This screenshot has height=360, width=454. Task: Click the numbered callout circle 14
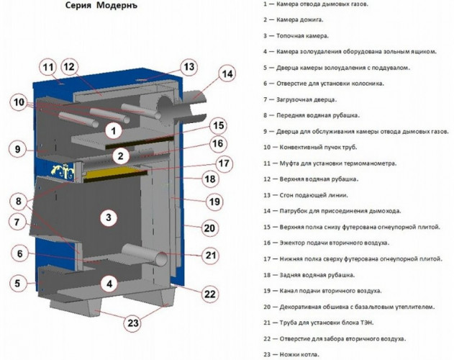pos(227,74)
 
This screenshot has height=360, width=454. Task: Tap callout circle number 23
pos(133,323)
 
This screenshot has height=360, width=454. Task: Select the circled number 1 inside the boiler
pos(114,131)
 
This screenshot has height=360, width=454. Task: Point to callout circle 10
pos(19,102)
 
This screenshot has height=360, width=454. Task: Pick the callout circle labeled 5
pos(18,283)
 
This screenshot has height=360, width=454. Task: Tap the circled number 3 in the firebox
pos(109,217)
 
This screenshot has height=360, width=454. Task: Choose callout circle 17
pos(224,163)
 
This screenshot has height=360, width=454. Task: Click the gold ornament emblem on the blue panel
pos(63,170)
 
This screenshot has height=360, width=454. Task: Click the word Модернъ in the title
pos(117,6)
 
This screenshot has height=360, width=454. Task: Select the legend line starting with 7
pos(300,99)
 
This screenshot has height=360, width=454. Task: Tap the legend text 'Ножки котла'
pos(299,354)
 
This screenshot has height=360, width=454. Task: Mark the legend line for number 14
pos(332,211)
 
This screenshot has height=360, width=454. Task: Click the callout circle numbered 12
pos(69,67)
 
